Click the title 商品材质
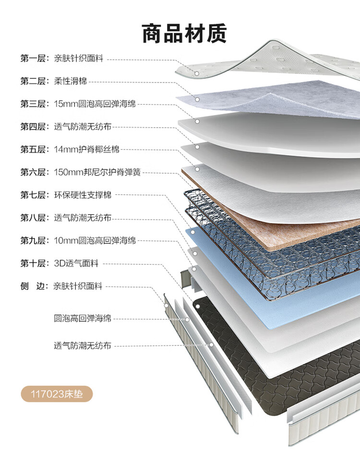[184, 34]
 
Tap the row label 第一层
[33, 58]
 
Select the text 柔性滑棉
[71, 81]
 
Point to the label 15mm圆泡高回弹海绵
[95, 104]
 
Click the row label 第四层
[33, 127]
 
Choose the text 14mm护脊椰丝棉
[87, 149]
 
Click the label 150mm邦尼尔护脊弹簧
[97, 172]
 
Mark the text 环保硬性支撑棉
[83, 195]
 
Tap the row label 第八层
[33, 217]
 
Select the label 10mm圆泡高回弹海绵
[95, 240]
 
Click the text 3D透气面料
[76, 263]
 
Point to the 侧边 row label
[32, 286]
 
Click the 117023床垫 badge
[57, 394]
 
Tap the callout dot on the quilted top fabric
[197, 73]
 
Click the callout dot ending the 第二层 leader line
[197, 99]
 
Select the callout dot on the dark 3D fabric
[197, 306]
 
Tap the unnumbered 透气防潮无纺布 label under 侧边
[83, 346]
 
